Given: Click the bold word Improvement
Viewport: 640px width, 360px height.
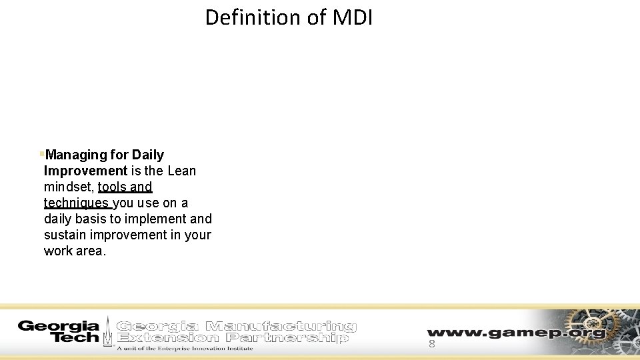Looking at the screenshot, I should pyautogui.click(x=85, y=171).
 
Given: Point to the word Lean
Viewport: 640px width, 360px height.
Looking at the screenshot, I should pyautogui.click(x=181, y=171).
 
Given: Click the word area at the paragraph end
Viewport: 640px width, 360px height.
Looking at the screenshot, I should pyautogui.click(x=90, y=251).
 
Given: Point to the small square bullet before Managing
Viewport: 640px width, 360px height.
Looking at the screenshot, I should pyautogui.click(x=42, y=154).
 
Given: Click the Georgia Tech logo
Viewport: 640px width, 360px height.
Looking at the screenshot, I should pyautogui.click(x=59, y=331).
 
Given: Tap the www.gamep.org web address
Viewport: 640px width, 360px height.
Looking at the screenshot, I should pyautogui.click(x=517, y=332).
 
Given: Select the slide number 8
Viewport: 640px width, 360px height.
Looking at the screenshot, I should pyautogui.click(x=432, y=344).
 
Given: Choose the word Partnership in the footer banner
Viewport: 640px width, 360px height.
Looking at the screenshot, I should pyautogui.click(x=286, y=338).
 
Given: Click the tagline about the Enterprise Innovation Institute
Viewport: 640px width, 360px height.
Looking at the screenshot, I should pyautogui.click(x=185, y=348).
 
